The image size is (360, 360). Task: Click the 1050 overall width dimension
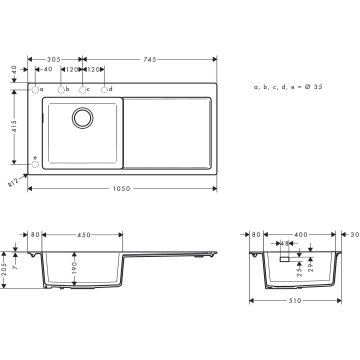[x=121, y=189]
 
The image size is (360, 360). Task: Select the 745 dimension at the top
[x=149, y=59]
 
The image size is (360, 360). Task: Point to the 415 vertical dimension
[x=14, y=126]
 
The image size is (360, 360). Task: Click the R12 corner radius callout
[x=14, y=182]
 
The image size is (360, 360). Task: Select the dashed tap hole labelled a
[x=35, y=90]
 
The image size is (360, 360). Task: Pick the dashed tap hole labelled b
[x=61, y=90]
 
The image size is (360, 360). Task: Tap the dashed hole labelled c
[x=82, y=90]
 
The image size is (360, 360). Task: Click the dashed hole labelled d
[x=104, y=90]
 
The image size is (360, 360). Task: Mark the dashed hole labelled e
[x=35, y=164]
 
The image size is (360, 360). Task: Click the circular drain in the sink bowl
[x=82, y=117]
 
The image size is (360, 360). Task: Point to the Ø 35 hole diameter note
[x=288, y=87]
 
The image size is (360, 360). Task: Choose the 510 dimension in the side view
[x=295, y=301]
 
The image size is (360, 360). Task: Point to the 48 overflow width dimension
[x=284, y=244]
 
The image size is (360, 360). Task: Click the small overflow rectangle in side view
[x=284, y=259]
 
